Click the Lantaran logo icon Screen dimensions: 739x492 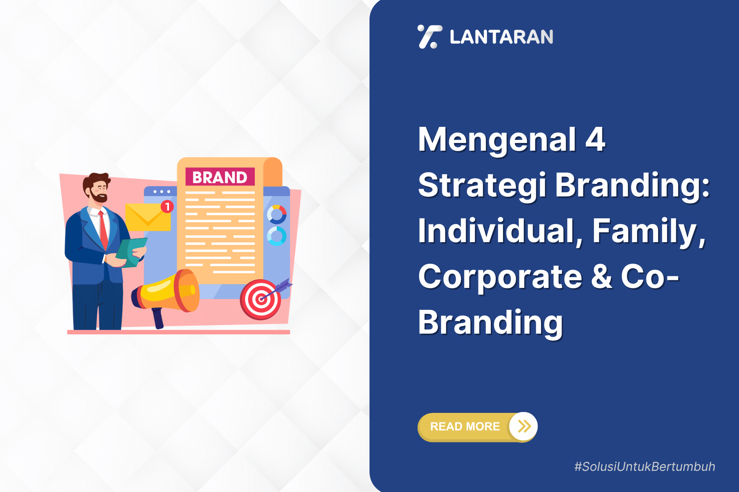click(430, 37)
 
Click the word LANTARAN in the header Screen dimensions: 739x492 click(502, 37)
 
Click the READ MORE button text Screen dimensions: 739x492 click(465, 426)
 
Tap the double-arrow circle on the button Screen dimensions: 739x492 click(523, 426)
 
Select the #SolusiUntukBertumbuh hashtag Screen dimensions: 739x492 click(645, 467)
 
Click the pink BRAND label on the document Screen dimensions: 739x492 click(220, 177)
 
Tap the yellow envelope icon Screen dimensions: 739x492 click(148, 217)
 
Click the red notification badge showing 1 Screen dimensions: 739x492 click(167, 206)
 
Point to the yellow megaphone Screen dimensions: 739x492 click(166, 294)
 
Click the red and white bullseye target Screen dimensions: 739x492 click(261, 299)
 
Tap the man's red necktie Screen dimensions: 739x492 click(103, 230)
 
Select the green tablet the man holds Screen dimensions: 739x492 click(131, 252)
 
